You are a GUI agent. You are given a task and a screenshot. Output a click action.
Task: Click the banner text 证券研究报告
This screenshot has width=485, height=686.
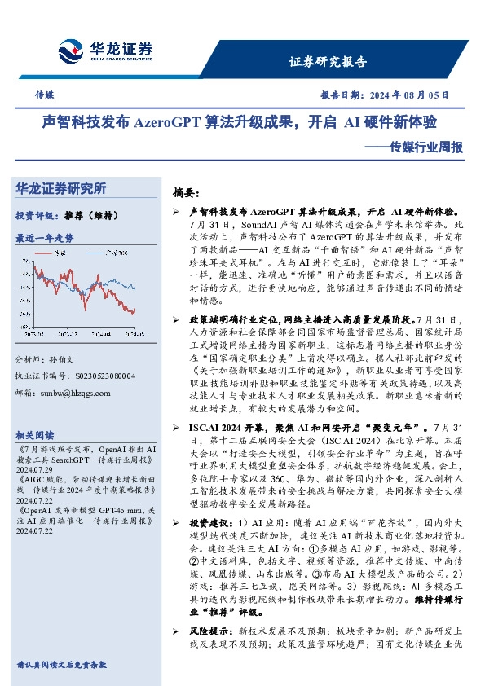click(x=328, y=62)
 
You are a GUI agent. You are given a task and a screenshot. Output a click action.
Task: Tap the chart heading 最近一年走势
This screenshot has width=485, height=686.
click(x=45, y=238)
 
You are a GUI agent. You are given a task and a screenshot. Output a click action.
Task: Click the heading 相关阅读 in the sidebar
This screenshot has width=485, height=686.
click(x=35, y=434)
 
